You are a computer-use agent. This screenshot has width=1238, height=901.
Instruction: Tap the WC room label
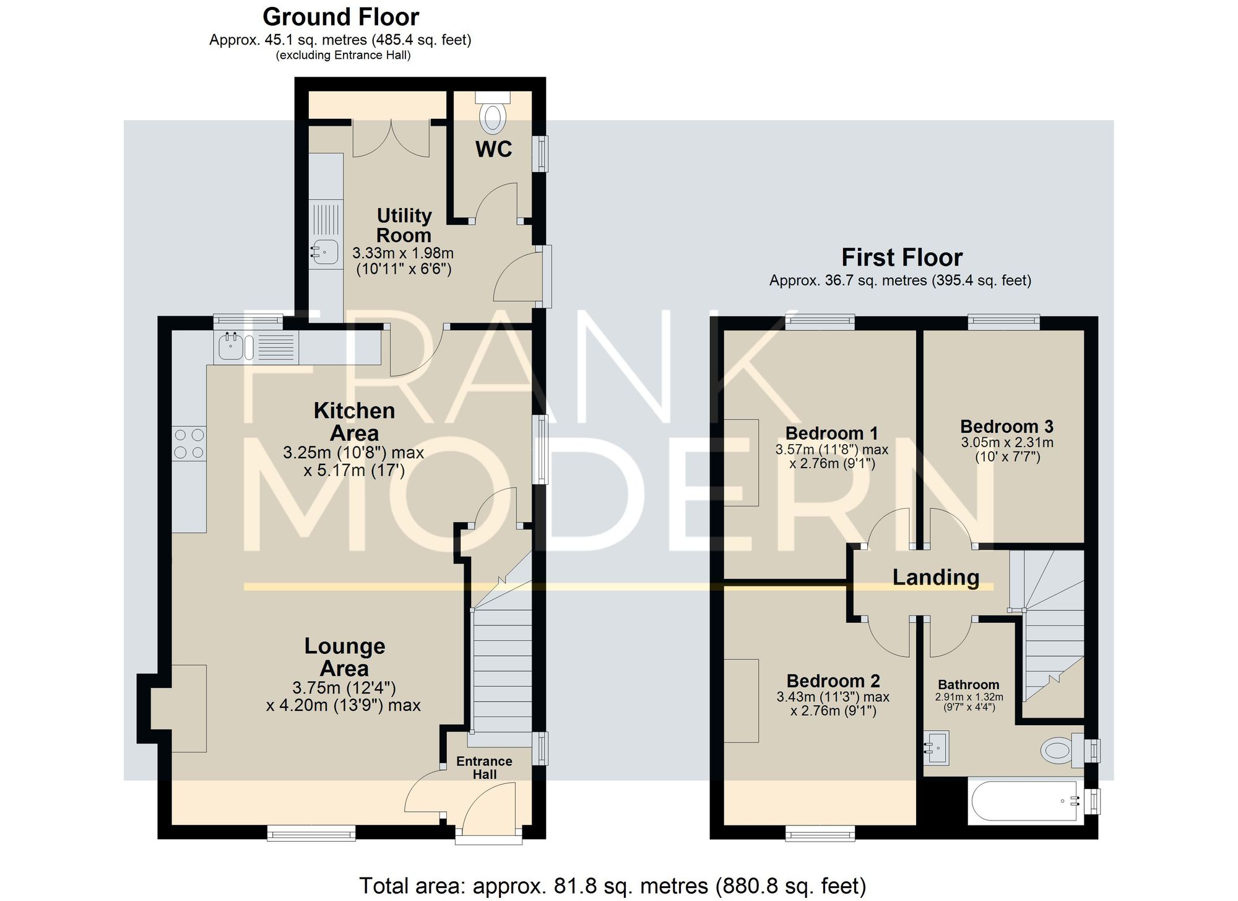[x=493, y=149]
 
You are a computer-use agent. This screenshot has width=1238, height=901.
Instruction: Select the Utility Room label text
[x=404, y=225]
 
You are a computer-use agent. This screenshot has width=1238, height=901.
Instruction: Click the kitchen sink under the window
[x=230, y=347]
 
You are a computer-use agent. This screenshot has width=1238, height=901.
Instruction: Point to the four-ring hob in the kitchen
[x=189, y=443]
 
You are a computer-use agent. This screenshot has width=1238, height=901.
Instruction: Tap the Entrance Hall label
[x=484, y=768]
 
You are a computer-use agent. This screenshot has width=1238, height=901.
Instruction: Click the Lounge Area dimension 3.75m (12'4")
[x=344, y=688]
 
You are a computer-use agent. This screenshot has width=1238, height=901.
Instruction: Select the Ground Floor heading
[x=340, y=17]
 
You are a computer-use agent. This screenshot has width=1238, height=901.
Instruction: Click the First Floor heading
[x=901, y=258]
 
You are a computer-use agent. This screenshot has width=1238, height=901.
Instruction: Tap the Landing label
[x=935, y=577]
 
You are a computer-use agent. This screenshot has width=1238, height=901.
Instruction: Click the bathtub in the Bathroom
[x=1024, y=801]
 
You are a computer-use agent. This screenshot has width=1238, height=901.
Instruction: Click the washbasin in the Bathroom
[x=937, y=748]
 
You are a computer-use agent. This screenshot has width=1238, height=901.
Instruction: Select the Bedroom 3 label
[x=1006, y=427]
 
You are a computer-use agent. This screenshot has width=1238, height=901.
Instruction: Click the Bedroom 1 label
[x=831, y=433]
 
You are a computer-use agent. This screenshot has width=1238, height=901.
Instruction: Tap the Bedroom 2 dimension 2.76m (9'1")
[x=833, y=712]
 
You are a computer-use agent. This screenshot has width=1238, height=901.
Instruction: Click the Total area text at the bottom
[x=612, y=886]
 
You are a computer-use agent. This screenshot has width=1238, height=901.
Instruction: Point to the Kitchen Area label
[x=354, y=422]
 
